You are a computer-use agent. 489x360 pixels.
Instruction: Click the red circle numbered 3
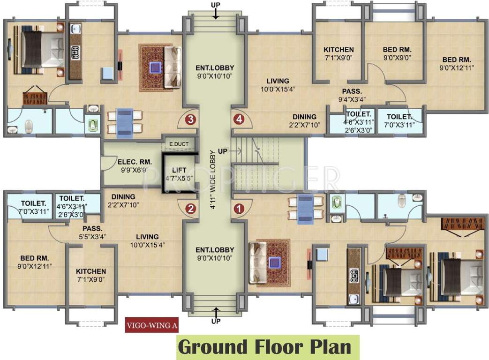tap(190, 120)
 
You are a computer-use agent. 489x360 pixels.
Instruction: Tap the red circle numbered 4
tap(239, 120)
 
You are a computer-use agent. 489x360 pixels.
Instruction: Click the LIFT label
tap(179, 170)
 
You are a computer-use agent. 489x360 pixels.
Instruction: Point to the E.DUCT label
tap(179, 144)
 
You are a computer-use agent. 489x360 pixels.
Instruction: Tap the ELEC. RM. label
tap(135, 162)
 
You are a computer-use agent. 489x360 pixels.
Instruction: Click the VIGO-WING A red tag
tap(152, 325)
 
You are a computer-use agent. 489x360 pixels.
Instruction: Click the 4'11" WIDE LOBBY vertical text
tap(213, 180)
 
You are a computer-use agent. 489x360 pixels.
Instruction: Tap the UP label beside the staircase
tap(223, 151)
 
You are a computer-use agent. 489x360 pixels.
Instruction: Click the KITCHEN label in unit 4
tap(339, 50)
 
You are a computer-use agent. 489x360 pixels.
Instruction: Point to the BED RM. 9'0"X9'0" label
tap(397, 53)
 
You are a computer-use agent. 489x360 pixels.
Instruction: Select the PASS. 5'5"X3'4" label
tap(93, 232)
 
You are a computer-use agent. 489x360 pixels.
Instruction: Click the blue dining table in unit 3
tap(125, 123)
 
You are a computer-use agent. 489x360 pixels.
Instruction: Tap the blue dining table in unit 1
tap(306, 209)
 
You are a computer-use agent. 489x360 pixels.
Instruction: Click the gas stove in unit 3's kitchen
tap(75, 52)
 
